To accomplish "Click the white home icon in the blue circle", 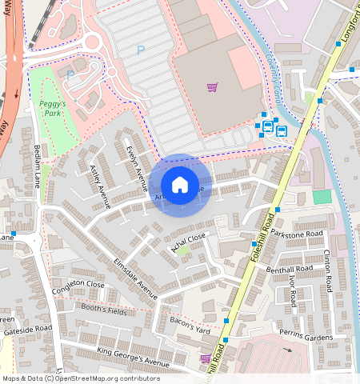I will pos(180,185).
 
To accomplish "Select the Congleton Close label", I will pos(78,284).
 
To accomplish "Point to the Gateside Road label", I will pos(26,328).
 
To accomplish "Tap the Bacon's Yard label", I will pos(190,324).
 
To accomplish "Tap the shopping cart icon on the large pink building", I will pos(212,86).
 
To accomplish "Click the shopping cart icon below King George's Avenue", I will pos(206,358).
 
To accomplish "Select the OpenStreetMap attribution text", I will pos(81,378).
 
